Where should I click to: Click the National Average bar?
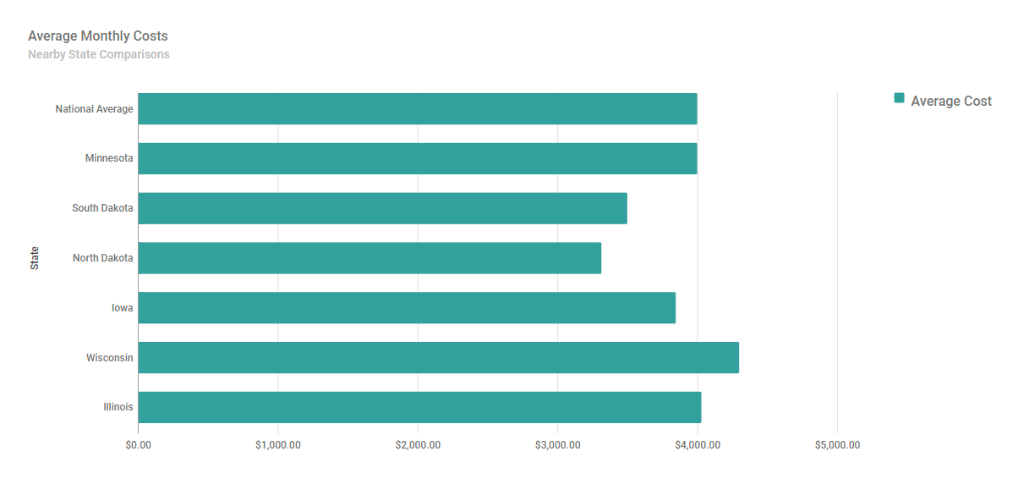(x=418, y=109)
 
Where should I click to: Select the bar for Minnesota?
(x=418, y=158)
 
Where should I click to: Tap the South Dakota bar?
(x=382, y=208)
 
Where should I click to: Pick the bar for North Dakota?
(x=369, y=258)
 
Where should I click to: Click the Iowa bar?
(x=407, y=308)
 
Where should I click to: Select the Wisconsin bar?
(x=438, y=357)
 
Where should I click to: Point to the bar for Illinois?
(x=419, y=407)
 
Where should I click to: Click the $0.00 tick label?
(x=138, y=445)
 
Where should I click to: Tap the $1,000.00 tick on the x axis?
(x=277, y=445)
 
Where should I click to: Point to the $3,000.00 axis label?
(x=557, y=445)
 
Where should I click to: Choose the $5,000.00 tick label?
(x=837, y=445)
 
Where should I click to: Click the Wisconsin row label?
(x=109, y=358)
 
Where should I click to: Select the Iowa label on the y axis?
(x=123, y=308)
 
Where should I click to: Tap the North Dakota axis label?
(x=102, y=258)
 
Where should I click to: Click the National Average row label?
(x=94, y=109)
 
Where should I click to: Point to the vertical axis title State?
(x=35, y=258)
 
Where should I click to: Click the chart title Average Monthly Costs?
(x=98, y=36)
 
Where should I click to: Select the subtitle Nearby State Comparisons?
(x=99, y=55)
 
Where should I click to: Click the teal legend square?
(x=899, y=98)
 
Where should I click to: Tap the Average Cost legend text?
(x=951, y=101)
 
